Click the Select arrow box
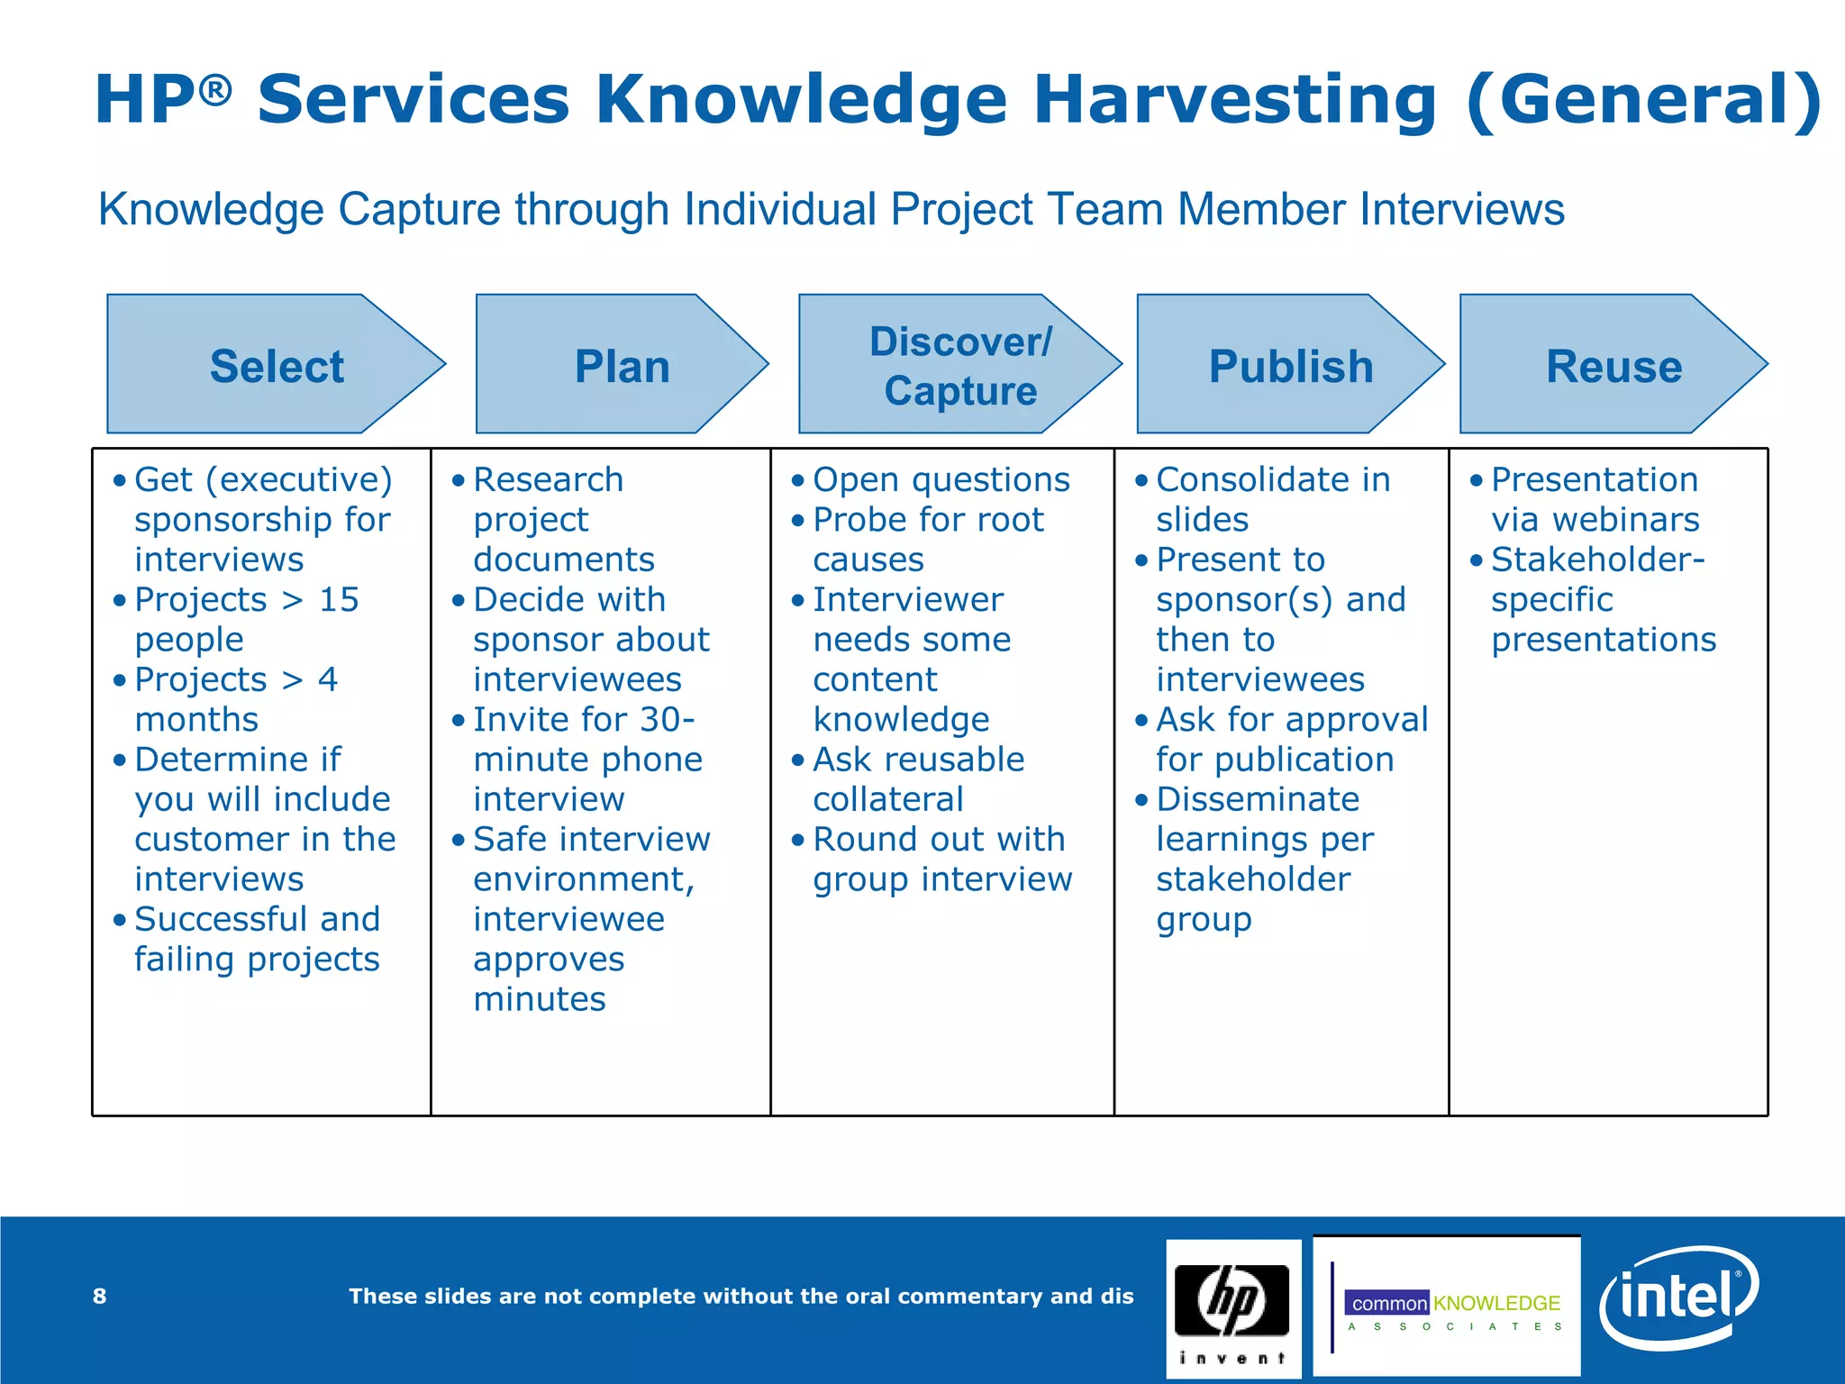(276, 365)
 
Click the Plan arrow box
(622, 365)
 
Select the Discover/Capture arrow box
(959, 365)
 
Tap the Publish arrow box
(1290, 365)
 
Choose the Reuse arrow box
(1613, 365)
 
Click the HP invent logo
(1232, 1307)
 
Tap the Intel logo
(1677, 1297)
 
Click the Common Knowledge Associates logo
(1447, 1307)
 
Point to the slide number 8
(99, 1296)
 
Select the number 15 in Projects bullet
(339, 599)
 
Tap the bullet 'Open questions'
(941, 479)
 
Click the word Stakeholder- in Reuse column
(1597, 560)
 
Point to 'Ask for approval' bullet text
(1292, 719)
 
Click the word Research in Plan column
(548, 479)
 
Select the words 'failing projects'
(257, 959)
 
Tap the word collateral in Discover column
(887, 799)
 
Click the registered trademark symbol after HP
(216, 88)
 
